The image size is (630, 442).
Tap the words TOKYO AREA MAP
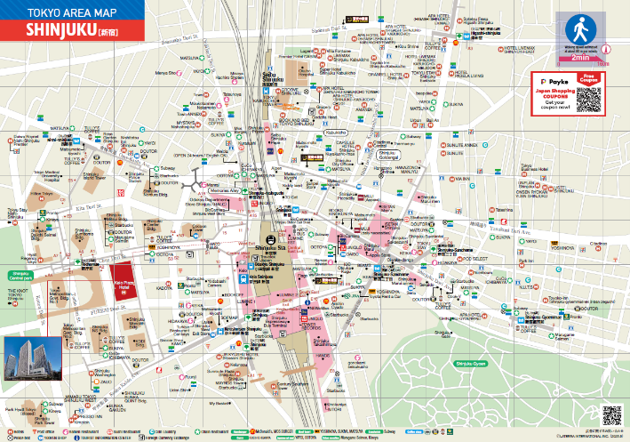point(60,12)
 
